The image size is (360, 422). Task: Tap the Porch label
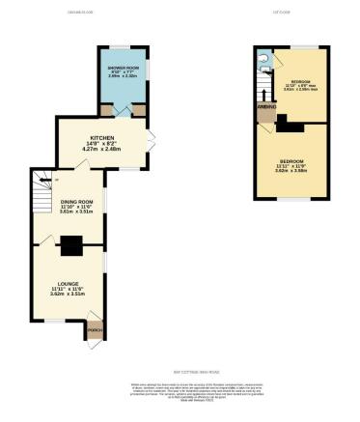pyautogui.click(x=95, y=330)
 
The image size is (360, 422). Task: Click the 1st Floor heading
pyautogui.click(x=281, y=13)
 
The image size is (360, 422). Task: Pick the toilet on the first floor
pyautogui.click(x=262, y=57)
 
